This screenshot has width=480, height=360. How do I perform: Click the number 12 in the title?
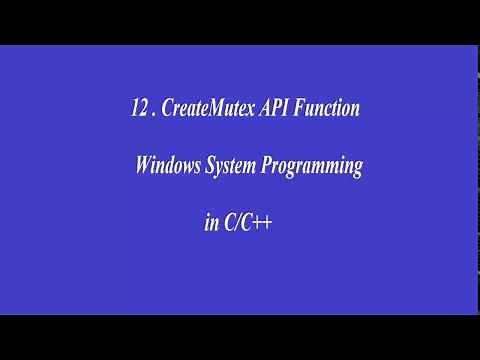click(x=137, y=109)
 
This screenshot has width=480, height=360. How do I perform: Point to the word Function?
click(x=330, y=109)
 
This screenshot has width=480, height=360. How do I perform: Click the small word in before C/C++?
click(x=210, y=224)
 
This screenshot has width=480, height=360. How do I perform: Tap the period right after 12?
click(x=152, y=114)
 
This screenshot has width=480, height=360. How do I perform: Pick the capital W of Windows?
click(x=143, y=168)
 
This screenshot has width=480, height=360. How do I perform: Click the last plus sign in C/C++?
click(x=266, y=225)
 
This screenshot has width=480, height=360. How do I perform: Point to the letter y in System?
click(x=217, y=171)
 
